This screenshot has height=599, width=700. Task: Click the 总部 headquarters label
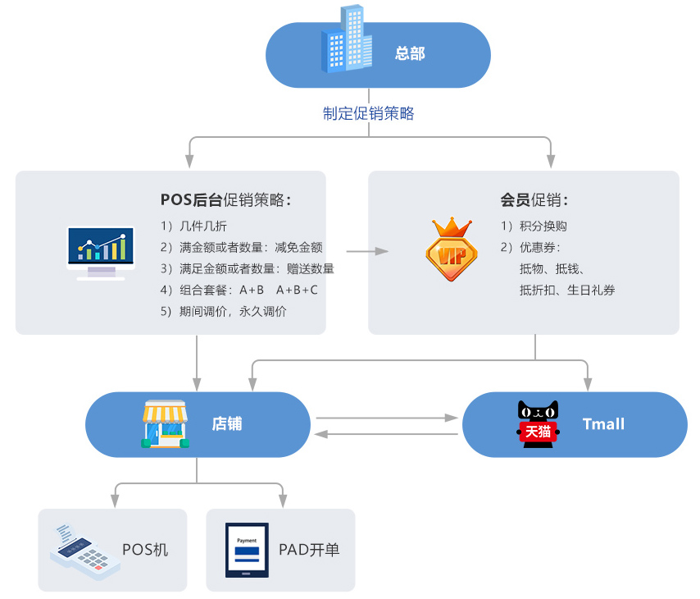[410, 54]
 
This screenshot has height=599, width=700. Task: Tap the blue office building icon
[345, 40]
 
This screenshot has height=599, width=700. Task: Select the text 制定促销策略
[368, 113]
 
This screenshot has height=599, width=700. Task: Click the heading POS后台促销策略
[225, 199]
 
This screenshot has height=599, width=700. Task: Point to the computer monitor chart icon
[101, 253]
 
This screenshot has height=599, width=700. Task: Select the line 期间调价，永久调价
[224, 311]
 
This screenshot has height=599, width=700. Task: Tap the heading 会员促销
[534, 199]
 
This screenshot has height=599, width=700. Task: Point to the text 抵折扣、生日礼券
[566, 290]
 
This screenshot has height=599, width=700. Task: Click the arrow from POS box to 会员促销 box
[366, 251]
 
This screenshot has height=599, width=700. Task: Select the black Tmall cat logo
[538, 424]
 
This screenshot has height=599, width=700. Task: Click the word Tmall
[603, 424]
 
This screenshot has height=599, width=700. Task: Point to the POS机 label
[145, 550]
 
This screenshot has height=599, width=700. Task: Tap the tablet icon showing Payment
[247, 550]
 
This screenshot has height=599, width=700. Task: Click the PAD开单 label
[309, 550]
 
